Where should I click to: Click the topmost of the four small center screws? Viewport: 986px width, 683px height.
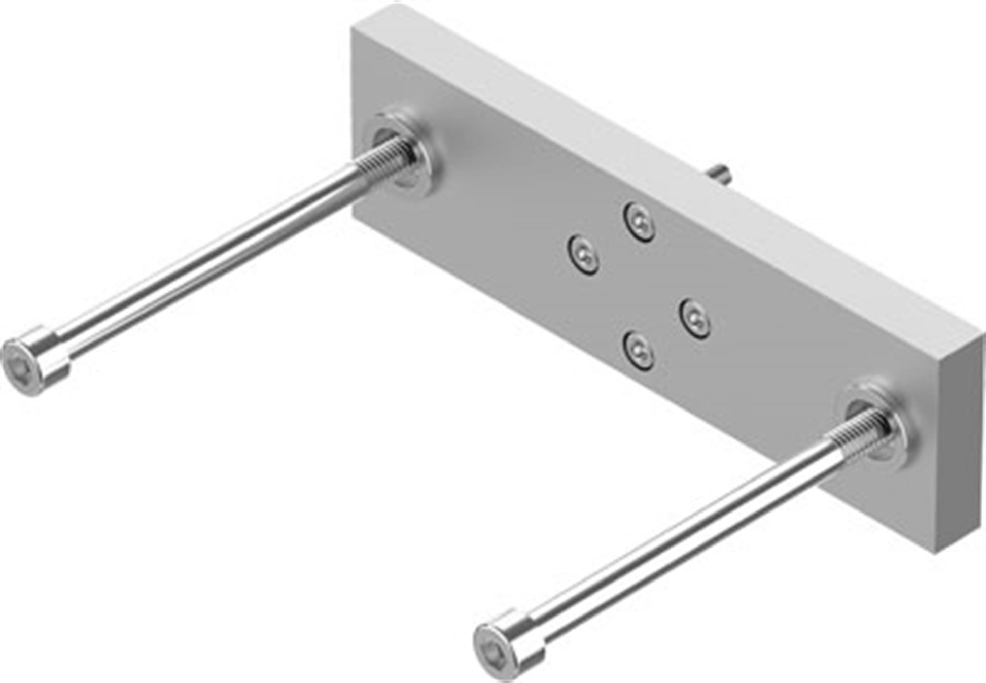(x=639, y=222)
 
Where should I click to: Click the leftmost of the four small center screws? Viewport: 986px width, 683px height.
(x=583, y=255)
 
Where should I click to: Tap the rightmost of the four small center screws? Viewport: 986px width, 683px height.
(x=695, y=319)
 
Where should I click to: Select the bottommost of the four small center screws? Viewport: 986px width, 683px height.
(x=639, y=351)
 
